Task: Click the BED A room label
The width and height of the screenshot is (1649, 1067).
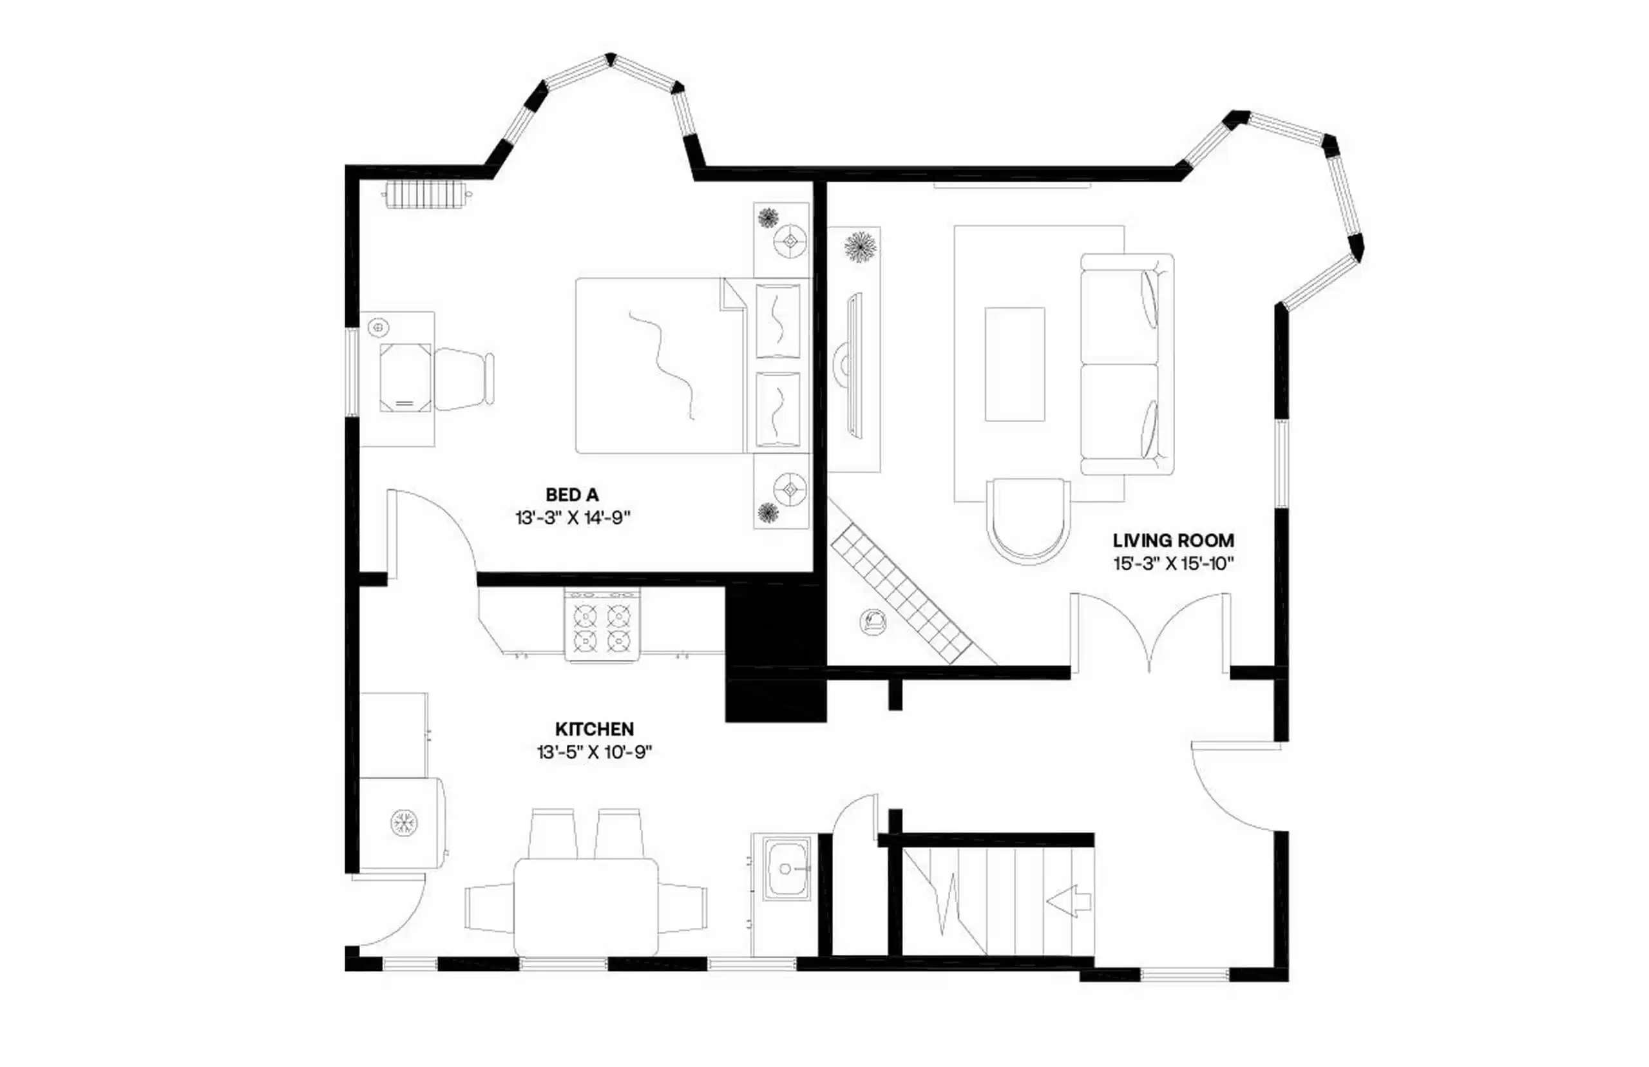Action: pyautogui.click(x=571, y=495)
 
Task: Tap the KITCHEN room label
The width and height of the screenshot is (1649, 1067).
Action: pyautogui.click(x=595, y=729)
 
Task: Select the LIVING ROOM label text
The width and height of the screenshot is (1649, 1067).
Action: pyautogui.click(x=1173, y=541)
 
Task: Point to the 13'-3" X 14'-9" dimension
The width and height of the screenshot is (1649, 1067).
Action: pyautogui.click(x=573, y=517)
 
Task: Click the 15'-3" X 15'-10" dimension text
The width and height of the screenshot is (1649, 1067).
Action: pyautogui.click(x=1174, y=563)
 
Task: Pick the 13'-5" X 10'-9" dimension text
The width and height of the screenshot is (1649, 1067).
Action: pyautogui.click(x=595, y=752)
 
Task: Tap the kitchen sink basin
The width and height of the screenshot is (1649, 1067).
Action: pyautogui.click(x=786, y=869)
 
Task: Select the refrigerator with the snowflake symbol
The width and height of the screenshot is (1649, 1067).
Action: pyautogui.click(x=403, y=822)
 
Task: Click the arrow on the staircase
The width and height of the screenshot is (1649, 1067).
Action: pyautogui.click(x=1068, y=901)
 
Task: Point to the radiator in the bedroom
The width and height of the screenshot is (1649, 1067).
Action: pyautogui.click(x=426, y=195)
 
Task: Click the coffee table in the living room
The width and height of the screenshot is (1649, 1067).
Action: pyautogui.click(x=1015, y=364)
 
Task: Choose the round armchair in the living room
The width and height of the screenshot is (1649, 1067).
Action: pyautogui.click(x=1028, y=519)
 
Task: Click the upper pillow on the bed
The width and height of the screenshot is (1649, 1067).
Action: pyautogui.click(x=777, y=320)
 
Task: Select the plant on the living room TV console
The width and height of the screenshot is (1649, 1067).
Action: pyautogui.click(x=859, y=247)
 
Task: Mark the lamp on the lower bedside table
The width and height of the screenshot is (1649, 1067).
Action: pyautogui.click(x=790, y=489)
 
